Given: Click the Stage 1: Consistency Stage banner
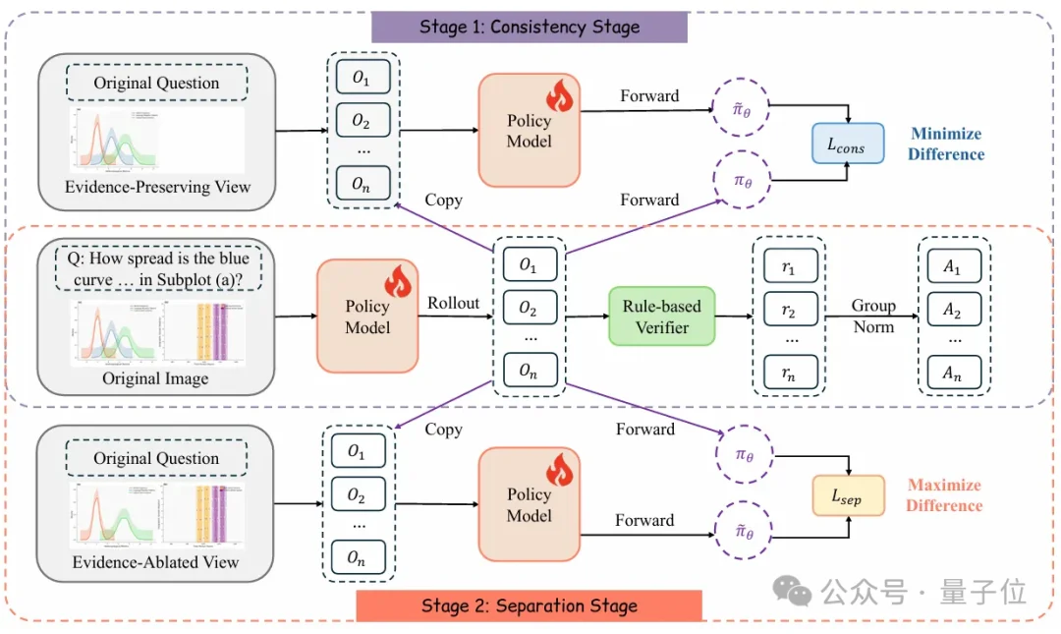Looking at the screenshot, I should click(x=529, y=26).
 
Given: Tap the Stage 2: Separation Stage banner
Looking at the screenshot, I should click(x=529, y=605).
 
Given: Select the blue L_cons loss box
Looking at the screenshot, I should click(x=848, y=144).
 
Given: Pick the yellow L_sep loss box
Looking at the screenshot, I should click(x=848, y=496).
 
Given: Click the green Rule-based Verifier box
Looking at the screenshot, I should click(x=661, y=317).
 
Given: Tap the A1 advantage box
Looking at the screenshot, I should click(x=954, y=266).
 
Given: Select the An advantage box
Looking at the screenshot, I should click(x=954, y=371).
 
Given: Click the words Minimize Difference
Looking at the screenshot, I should click(x=946, y=144).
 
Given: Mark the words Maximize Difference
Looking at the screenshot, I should click(x=944, y=495).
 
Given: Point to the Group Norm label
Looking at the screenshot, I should click(x=873, y=316).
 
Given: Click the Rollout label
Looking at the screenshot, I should click(x=453, y=303).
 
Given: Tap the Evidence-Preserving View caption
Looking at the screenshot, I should click(x=157, y=187).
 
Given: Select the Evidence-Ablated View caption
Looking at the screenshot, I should click(x=156, y=562).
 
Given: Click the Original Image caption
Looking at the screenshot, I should click(x=156, y=378).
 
